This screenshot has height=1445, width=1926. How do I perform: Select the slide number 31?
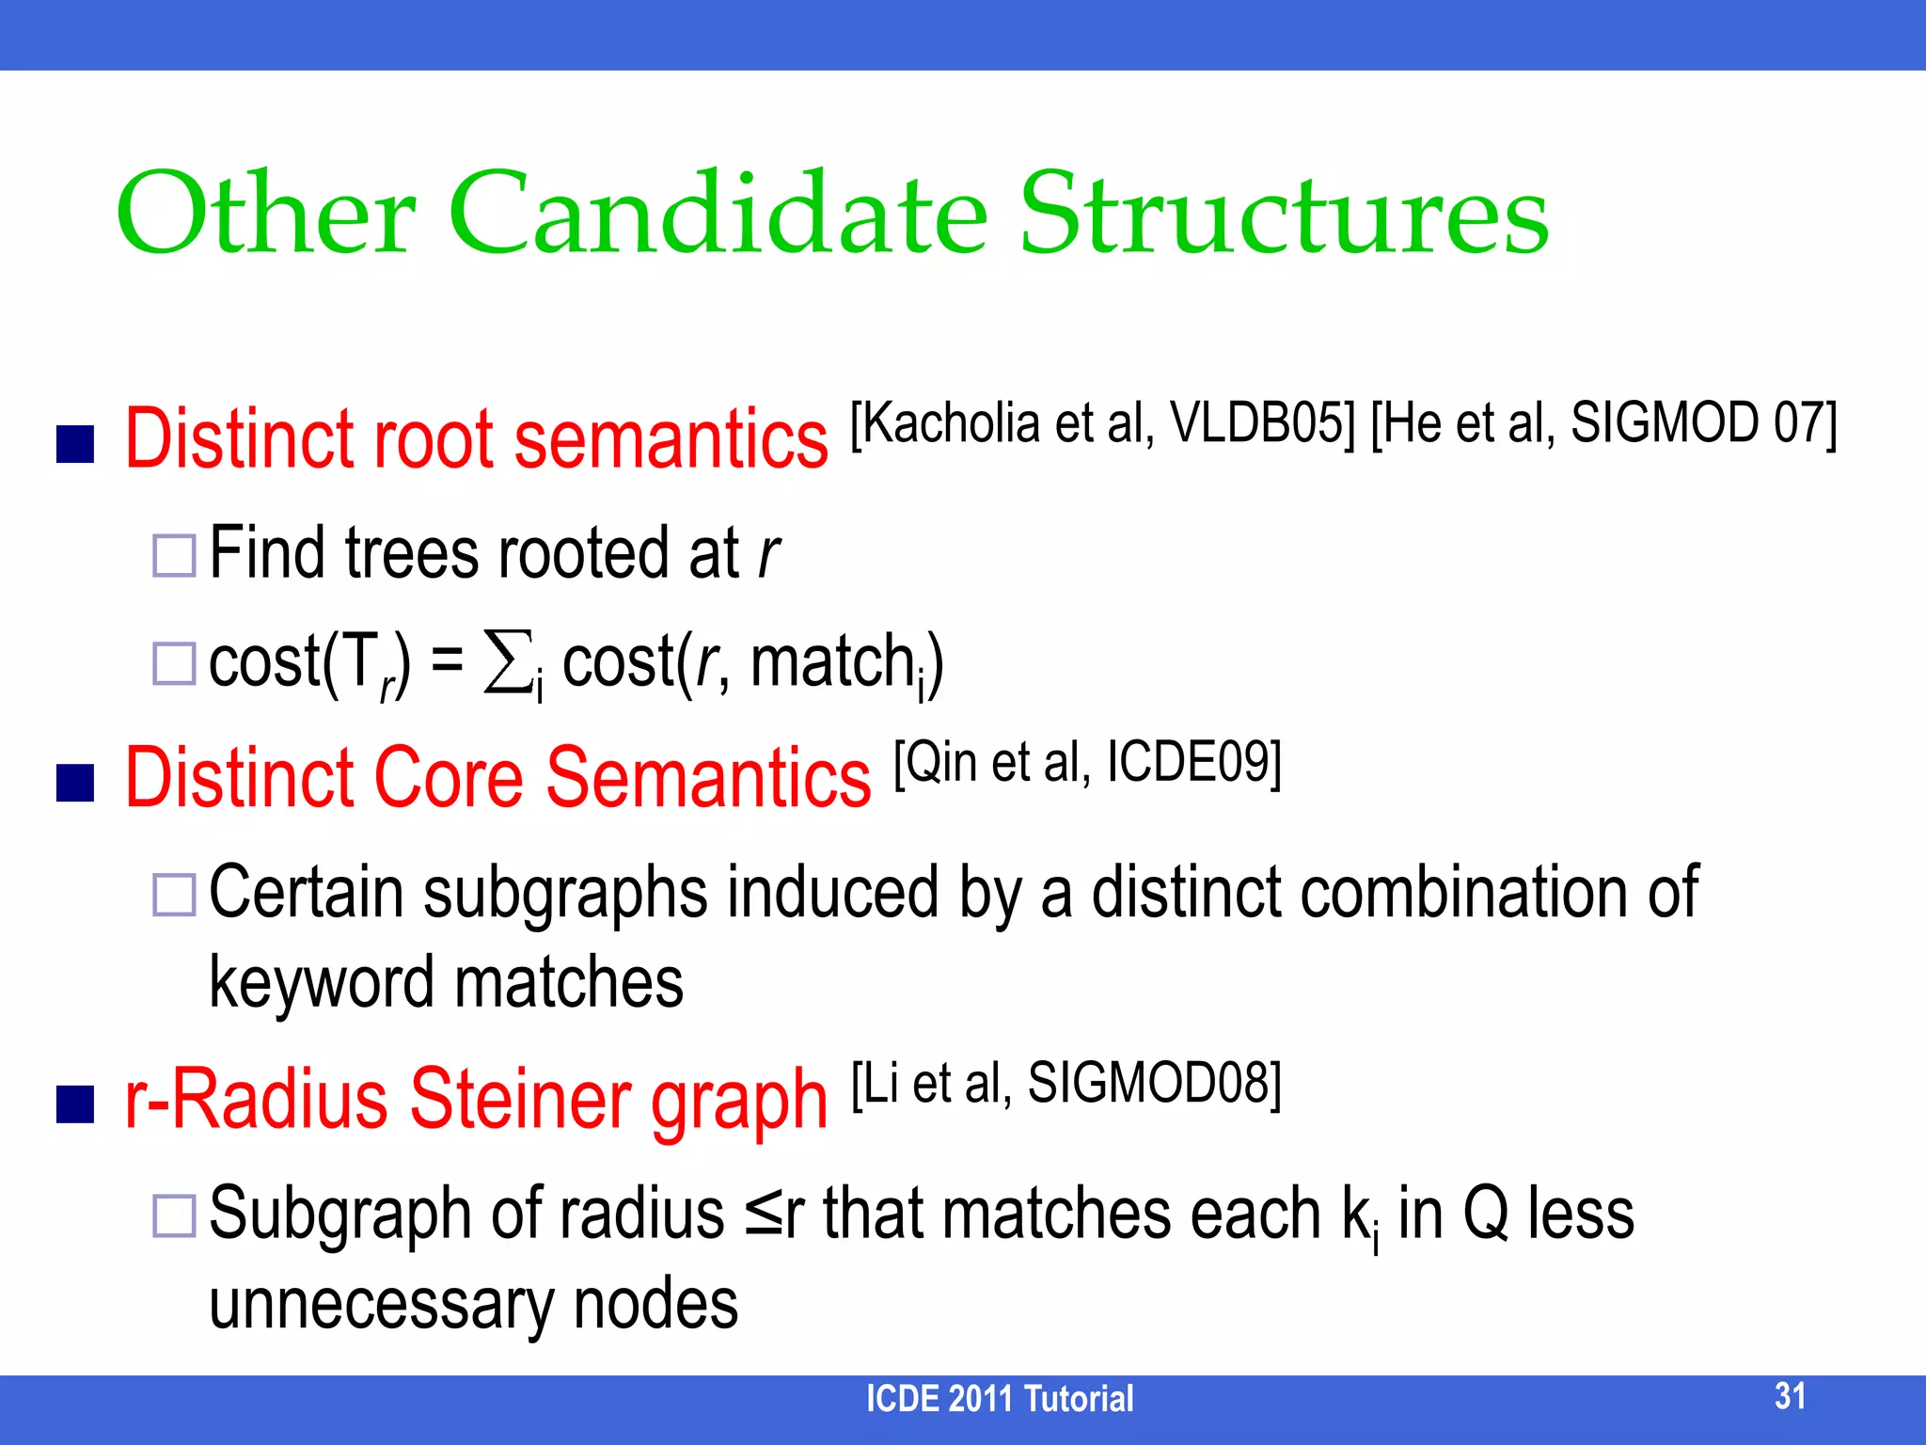pos(1790,1395)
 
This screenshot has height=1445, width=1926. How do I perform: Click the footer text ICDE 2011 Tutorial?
pos(999,1399)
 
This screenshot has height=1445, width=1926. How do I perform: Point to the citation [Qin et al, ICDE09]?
pos(1087,762)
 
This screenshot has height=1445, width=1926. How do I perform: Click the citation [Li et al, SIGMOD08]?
pos(1066,1083)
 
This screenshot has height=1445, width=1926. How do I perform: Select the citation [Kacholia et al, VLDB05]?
pos(1102,422)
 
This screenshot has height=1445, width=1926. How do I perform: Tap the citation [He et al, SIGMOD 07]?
pos(1603,422)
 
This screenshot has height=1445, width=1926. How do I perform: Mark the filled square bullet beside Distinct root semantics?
pos(75,444)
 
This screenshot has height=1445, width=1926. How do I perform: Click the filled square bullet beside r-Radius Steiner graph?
pos(75,1104)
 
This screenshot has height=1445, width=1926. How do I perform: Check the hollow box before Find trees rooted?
pos(174,556)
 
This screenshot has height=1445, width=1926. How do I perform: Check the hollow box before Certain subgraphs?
pos(174,894)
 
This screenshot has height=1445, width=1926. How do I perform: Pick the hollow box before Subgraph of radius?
pos(174,1215)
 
